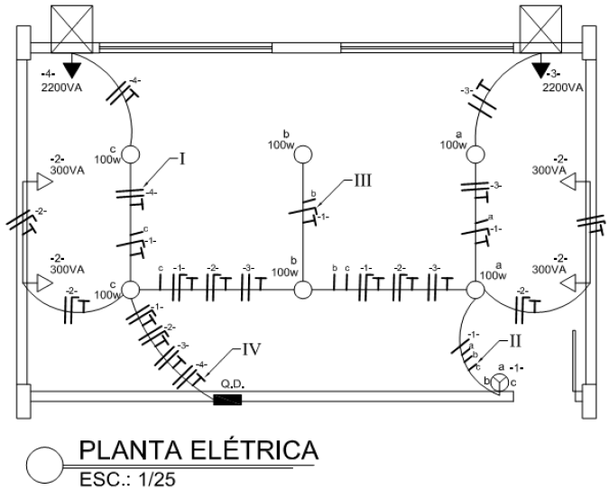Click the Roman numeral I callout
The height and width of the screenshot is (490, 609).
pos(182,160)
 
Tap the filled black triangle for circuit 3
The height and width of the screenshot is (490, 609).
pos(540,69)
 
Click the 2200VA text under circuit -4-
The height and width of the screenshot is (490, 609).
pos(60,88)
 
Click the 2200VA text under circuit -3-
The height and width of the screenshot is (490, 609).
pos(562,88)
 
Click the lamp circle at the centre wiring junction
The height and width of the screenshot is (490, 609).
pos(303,290)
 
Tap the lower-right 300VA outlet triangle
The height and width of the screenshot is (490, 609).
pos(567,282)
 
